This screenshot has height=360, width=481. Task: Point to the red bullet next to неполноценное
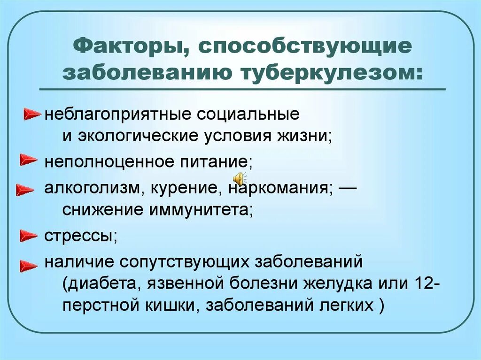[28, 161]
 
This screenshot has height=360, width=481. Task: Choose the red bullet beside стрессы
[28, 234]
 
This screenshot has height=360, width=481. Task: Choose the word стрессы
[80, 235]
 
